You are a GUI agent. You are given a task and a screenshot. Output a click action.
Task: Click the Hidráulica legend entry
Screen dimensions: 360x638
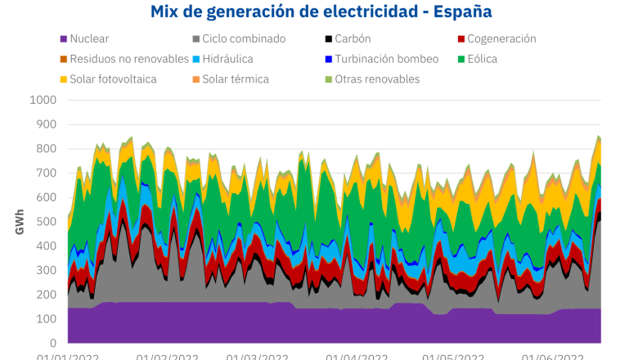[x=223, y=59]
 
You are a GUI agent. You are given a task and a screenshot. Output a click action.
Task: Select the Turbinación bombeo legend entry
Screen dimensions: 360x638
[x=386, y=59]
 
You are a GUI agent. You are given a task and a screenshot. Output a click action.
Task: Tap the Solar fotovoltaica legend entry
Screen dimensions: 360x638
[x=113, y=79]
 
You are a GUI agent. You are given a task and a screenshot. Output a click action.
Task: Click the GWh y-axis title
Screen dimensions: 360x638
[x=19, y=221]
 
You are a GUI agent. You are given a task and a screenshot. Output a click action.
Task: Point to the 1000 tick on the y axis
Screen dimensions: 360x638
[x=42, y=101]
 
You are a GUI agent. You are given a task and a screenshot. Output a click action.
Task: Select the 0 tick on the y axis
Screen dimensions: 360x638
[x=52, y=344]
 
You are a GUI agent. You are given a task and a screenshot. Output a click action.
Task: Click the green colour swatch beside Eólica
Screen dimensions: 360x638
[x=461, y=59]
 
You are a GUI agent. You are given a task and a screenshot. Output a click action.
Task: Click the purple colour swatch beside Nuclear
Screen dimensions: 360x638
[x=64, y=38]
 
